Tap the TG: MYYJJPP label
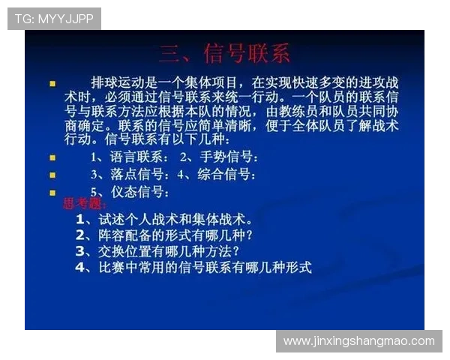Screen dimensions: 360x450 pyautogui.click(x=54, y=19)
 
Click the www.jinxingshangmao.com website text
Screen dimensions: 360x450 pyautogui.click(x=359, y=341)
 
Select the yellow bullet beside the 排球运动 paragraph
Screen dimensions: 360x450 pyautogui.click(x=52, y=83)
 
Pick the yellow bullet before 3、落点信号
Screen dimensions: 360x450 pyautogui.click(x=52, y=175)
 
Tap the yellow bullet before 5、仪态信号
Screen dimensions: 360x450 pyautogui.click(x=52, y=193)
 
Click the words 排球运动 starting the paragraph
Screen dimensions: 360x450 pyautogui.click(x=118, y=82)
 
